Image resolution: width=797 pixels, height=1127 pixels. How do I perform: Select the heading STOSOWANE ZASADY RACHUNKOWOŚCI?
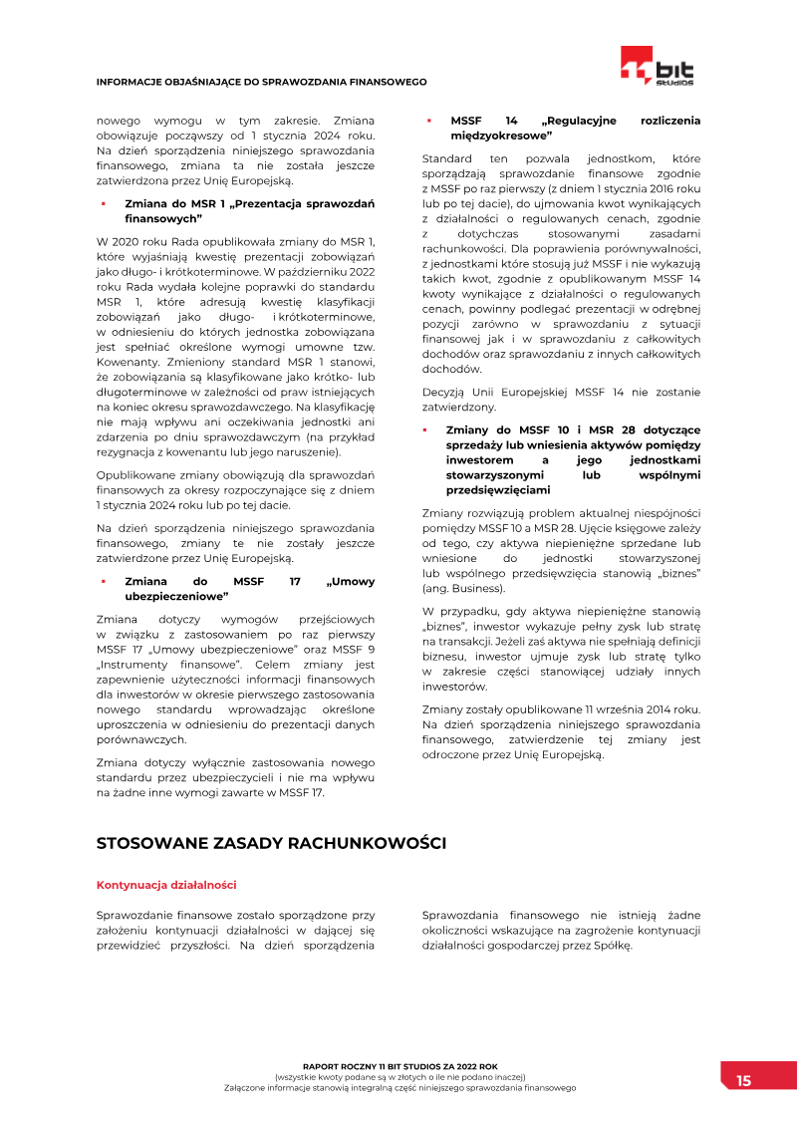click(x=270, y=843)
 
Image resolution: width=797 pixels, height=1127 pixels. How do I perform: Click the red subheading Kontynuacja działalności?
click(x=166, y=885)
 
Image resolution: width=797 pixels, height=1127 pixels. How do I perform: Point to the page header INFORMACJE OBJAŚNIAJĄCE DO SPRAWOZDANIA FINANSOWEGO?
click(x=261, y=82)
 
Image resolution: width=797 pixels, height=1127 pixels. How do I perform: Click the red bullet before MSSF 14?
click(x=428, y=121)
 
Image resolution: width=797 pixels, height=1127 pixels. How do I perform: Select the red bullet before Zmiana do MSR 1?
click(x=103, y=203)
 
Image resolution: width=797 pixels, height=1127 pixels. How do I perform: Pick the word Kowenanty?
click(x=127, y=366)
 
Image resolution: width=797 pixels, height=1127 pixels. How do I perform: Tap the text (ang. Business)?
click(x=463, y=588)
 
